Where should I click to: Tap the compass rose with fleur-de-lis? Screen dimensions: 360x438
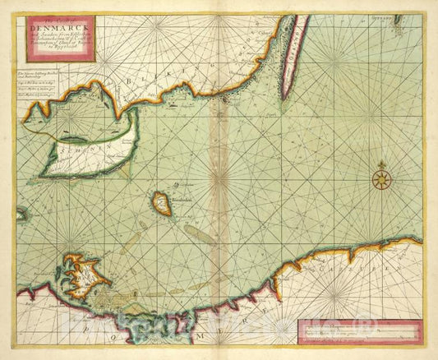click(380, 178)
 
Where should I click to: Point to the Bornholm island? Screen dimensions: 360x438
click(163, 204)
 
